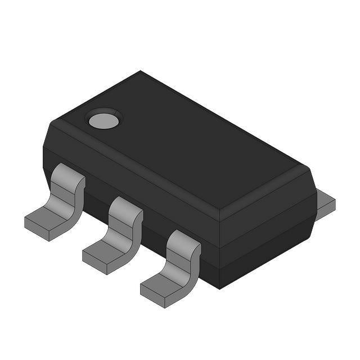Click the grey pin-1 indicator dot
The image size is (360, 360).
tap(103, 119)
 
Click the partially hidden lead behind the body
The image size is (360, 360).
tap(325, 204)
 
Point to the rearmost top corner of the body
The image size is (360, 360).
tap(141, 71)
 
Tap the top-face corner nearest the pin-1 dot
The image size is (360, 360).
tap(61, 119)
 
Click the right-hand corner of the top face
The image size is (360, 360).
tap(308, 168)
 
